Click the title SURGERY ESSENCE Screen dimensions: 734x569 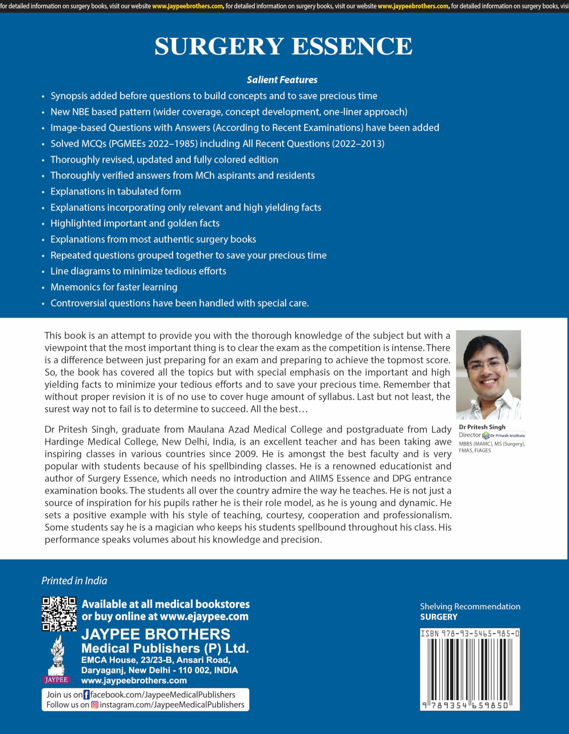(284, 46)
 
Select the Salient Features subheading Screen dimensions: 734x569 (282, 80)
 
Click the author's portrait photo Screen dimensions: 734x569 (488, 374)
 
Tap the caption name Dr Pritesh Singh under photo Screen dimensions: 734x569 (482, 427)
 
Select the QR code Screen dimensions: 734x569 (59, 614)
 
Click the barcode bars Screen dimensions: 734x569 (470, 669)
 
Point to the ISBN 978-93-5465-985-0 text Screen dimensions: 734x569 (470, 634)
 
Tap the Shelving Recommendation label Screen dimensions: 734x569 (470, 607)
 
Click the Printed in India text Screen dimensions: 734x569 (74, 581)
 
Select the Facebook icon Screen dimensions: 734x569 (87, 695)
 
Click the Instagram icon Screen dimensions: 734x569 (95, 705)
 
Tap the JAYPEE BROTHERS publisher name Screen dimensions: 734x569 (156, 634)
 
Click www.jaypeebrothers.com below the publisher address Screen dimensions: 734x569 (134, 681)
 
